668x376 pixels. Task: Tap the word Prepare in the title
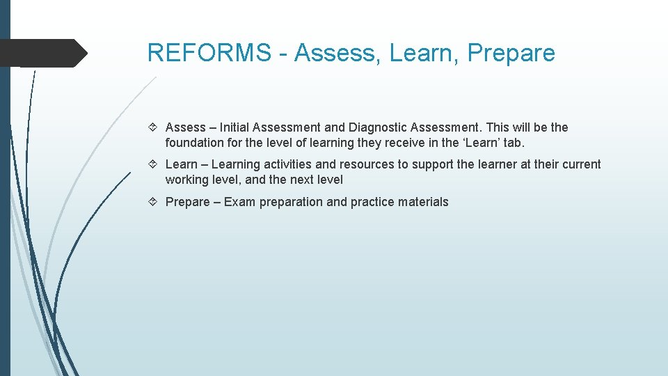coord(511,53)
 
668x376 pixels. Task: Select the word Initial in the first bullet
coord(234,127)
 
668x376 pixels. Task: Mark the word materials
coord(424,202)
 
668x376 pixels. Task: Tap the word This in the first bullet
coord(498,127)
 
